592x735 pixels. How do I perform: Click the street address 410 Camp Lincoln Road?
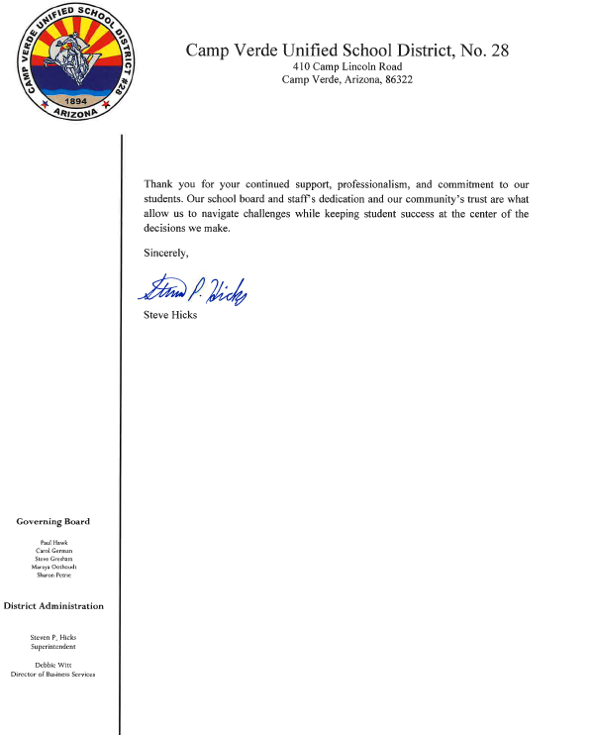tap(346, 66)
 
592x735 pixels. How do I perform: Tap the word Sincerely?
tap(165, 253)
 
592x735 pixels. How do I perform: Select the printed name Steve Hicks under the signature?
tap(170, 316)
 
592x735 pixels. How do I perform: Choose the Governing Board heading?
tap(52, 521)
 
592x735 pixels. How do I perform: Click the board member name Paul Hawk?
tap(53, 544)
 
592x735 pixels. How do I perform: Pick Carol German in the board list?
tap(53, 551)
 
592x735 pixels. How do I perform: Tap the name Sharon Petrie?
tap(53, 575)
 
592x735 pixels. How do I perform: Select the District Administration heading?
tap(53, 605)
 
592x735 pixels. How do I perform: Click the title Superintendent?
tap(53, 646)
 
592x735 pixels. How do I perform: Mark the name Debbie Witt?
tap(53, 665)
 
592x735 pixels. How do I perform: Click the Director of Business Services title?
tap(53, 674)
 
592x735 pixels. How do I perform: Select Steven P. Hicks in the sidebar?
tap(53, 637)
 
